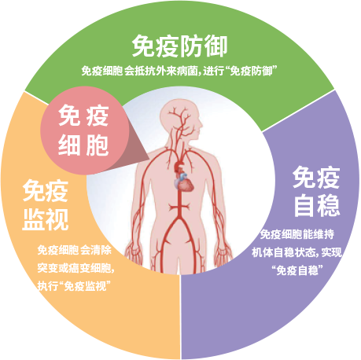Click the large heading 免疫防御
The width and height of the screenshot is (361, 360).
(179, 46)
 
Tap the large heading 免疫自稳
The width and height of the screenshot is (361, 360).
(316, 192)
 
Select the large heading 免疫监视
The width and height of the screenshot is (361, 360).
(46, 205)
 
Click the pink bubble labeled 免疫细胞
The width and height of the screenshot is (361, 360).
(84, 130)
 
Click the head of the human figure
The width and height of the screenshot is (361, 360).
(181, 119)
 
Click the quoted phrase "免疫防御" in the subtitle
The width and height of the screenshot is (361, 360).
(252, 71)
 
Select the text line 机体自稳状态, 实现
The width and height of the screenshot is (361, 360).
(297, 252)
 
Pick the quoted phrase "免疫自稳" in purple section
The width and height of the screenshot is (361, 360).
(297, 270)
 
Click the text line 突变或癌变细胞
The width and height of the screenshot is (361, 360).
(75, 268)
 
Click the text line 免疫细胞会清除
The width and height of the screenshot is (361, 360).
(75, 250)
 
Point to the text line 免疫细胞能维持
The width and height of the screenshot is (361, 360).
(297, 234)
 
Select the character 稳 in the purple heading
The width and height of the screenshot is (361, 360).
(329, 205)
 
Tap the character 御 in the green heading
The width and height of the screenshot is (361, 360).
(215, 46)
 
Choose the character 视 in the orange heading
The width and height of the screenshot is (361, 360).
(57, 219)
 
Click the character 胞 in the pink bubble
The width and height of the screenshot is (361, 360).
(97, 145)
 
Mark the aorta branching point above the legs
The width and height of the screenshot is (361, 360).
(179, 219)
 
